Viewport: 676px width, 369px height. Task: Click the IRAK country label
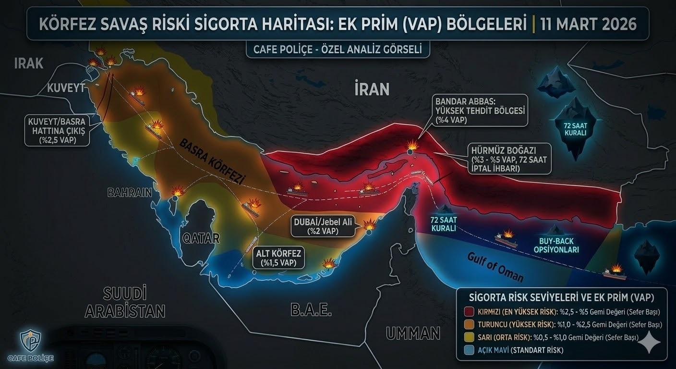pos(29,63)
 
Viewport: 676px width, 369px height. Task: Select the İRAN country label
pos(372,89)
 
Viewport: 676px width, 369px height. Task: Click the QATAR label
pos(201,238)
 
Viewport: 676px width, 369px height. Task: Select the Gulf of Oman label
pos(495,267)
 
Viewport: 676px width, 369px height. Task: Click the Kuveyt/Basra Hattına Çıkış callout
pos(57,130)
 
